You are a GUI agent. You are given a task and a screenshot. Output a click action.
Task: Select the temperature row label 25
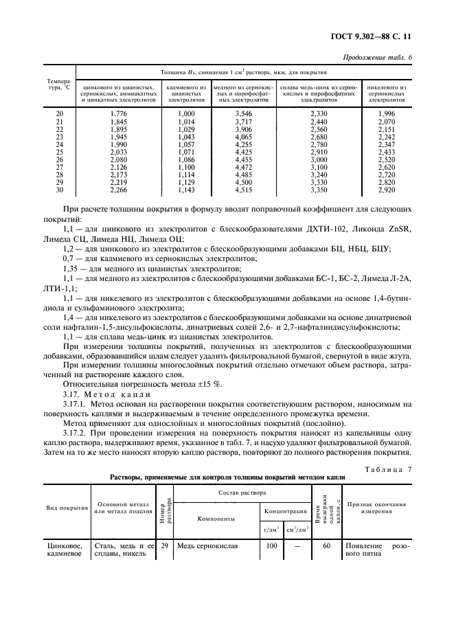tap(59, 151)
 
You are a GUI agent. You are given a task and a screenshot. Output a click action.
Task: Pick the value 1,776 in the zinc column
tap(118, 113)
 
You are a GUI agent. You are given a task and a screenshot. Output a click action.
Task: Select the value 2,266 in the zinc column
tap(118, 190)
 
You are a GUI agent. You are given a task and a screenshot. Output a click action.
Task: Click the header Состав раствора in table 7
tap(242, 493)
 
